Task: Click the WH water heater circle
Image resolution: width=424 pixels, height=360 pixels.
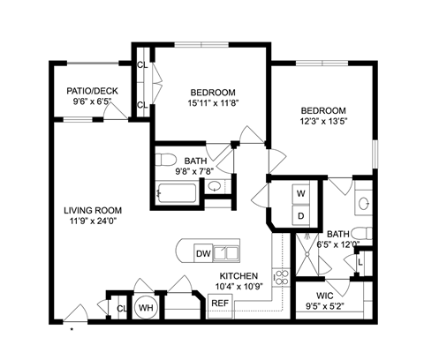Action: pos(146,307)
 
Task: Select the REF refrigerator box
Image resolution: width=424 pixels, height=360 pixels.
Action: pos(219,304)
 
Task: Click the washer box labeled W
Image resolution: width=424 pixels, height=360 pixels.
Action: pos(300,192)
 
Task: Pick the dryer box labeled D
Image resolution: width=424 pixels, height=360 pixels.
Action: pos(300,215)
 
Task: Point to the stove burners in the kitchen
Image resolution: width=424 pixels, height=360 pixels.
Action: pos(283,277)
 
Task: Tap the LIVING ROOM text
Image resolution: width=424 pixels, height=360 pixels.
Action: pos(93,210)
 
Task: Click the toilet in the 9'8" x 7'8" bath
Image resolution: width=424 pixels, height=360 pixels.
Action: pos(169,159)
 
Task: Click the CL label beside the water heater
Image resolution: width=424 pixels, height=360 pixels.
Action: pos(121,308)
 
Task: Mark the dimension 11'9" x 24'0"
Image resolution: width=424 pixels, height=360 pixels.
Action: pos(92,221)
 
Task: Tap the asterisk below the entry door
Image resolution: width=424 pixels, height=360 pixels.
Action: pos(72,332)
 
